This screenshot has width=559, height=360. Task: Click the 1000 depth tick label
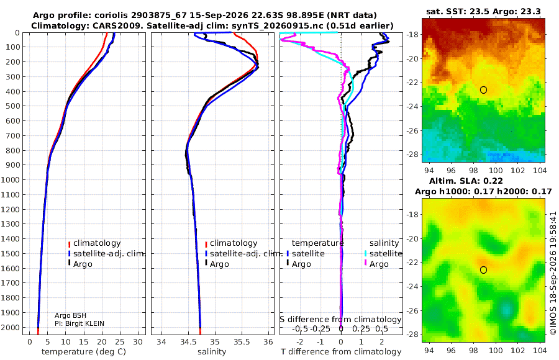click(x=10, y=179)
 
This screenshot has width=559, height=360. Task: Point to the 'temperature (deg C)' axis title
click(x=84, y=352)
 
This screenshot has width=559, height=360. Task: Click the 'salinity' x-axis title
click(x=212, y=352)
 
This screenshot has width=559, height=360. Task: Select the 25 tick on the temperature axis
click(x=120, y=342)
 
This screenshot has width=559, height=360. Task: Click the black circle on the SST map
click(x=483, y=90)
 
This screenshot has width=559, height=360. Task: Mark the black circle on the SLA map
click(x=483, y=270)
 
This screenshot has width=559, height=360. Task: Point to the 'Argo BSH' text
click(x=70, y=315)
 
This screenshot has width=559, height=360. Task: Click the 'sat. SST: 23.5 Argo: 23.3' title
click(x=483, y=11)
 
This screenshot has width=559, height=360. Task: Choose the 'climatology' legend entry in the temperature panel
click(x=94, y=243)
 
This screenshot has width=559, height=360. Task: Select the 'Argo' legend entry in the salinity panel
click(x=216, y=264)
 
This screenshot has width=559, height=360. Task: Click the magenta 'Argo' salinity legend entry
click(x=376, y=264)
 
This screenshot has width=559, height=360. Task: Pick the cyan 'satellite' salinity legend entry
click(x=383, y=253)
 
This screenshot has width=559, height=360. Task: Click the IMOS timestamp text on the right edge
click(x=553, y=273)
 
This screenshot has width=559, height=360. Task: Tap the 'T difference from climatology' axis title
click(x=341, y=352)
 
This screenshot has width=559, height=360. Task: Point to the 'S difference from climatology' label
click(x=340, y=320)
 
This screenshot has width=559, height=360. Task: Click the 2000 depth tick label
click(x=10, y=327)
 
